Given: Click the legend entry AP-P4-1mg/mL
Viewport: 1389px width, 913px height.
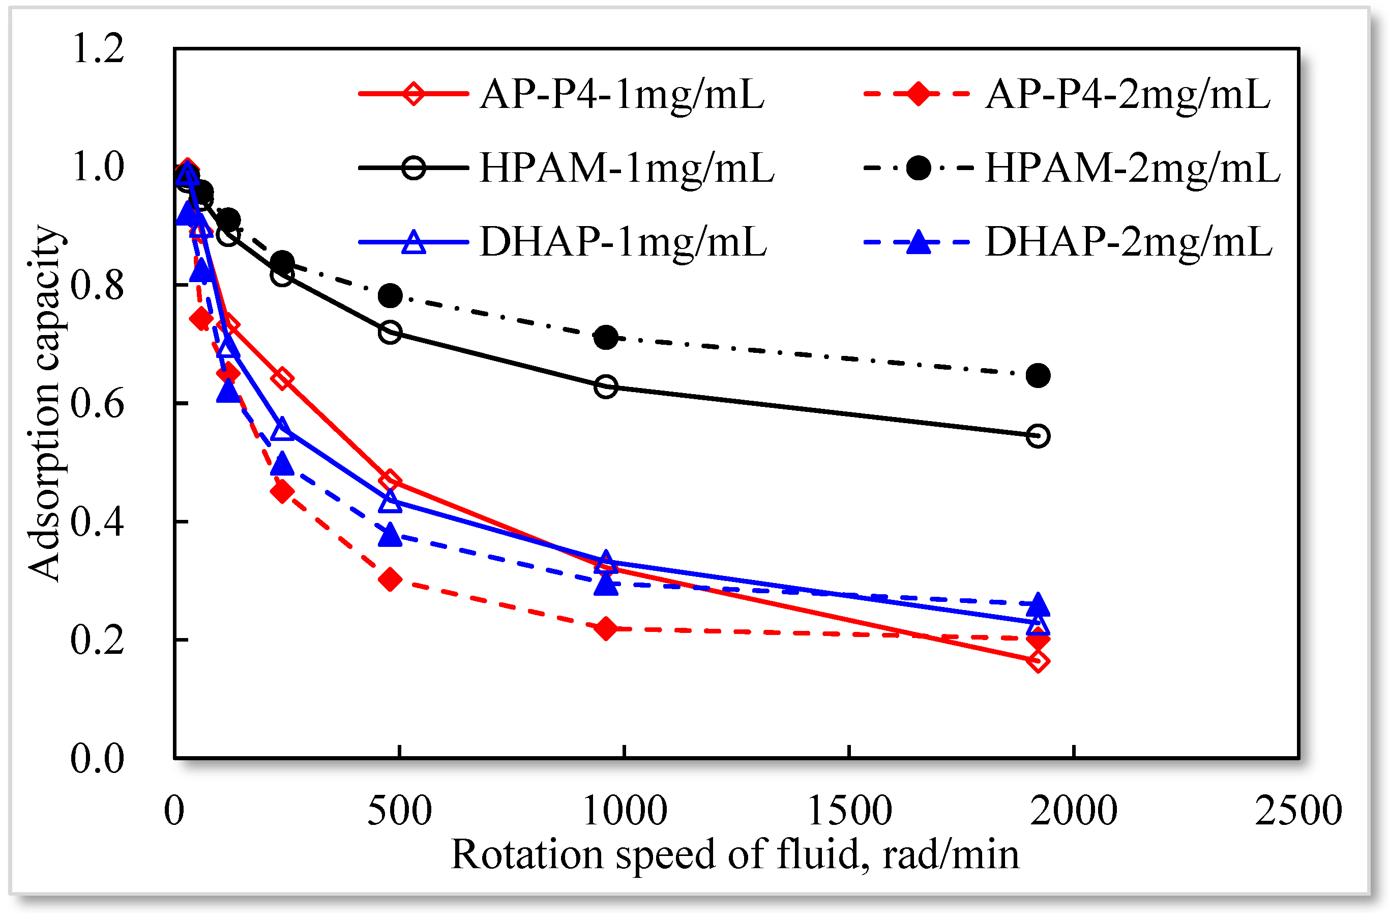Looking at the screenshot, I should pyautogui.click(x=622, y=94).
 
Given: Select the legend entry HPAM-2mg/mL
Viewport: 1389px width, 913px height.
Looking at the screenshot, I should pyautogui.click(x=1132, y=168).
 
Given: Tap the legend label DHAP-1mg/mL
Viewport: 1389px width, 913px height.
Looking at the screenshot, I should pyautogui.click(x=623, y=242).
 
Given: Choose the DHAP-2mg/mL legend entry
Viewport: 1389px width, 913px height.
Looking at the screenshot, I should pyautogui.click(x=1128, y=242).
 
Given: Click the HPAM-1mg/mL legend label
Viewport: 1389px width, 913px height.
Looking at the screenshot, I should pyautogui.click(x=627, y=168).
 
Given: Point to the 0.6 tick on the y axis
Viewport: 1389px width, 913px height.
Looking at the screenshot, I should pyautogui.click(x=98, y=404).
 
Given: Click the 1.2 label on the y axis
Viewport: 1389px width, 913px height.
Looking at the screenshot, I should pyautogui.click(x=98, y=48).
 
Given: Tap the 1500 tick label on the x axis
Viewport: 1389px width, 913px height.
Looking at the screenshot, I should pyautogui.click(x=849, y=811).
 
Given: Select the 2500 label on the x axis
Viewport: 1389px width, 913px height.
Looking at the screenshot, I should pyautogui.click(x=1298, y=811).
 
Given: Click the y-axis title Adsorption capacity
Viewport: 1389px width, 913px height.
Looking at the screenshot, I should pyautogui.click(x=44, y=403).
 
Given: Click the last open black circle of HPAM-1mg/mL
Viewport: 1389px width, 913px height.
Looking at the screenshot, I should pyautogui.click(x=1038, y=436).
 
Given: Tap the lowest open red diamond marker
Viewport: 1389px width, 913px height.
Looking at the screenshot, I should pyautogui.click(x=1038, y=661).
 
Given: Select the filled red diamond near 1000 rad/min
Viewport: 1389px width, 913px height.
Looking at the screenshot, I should pyautogui.click(x=606, y=628).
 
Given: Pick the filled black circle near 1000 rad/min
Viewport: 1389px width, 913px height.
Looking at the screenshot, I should pyautogui.click(x=606, y=337).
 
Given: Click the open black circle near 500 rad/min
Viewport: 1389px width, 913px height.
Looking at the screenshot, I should pyautogui.click(x=390, y=333).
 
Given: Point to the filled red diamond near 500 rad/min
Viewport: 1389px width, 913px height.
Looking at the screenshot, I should pyautogui.click(x=390, y=580).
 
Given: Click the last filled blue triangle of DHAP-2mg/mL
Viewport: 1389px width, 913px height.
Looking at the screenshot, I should pyautogui.click(x=1038, y=604).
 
